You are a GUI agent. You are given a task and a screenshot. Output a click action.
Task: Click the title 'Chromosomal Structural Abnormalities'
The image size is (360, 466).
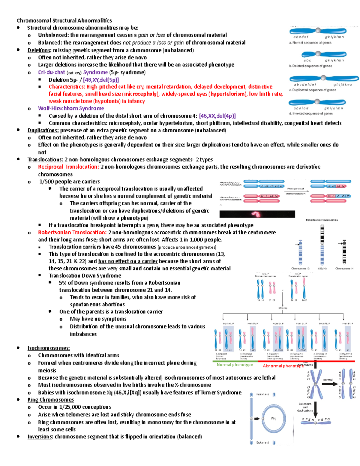tap(64, 21)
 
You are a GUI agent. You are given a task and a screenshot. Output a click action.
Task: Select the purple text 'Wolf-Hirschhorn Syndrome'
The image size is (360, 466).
tap(71, 108)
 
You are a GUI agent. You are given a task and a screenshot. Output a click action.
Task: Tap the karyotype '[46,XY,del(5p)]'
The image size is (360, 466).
tap(101, 80)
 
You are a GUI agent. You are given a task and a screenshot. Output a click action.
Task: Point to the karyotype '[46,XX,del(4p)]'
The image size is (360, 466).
tap(217, 116)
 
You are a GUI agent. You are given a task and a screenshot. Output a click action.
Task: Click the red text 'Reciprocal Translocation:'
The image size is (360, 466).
tap(68, 167)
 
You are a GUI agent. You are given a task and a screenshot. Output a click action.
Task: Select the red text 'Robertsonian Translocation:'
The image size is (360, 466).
tap(72, 232)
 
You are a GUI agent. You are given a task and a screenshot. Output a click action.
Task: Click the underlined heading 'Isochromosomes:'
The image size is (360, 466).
tap(48, 348)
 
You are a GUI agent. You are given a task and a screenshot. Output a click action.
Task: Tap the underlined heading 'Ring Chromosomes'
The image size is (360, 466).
tap(50, 400)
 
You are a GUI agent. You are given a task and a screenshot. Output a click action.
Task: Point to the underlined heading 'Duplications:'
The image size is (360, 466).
tap(43, 130)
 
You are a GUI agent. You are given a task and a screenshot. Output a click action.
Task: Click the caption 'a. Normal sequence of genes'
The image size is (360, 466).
tap(310, 43)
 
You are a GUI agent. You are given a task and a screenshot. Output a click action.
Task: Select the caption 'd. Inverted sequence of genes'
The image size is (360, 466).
tap(310, 114)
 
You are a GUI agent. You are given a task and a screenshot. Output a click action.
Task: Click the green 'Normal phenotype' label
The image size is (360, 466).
tap(235, 365)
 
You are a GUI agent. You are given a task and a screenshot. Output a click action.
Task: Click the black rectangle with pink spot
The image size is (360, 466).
tap(257, 214)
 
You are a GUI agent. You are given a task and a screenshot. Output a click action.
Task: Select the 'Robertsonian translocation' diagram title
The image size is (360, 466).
tap(322, 220)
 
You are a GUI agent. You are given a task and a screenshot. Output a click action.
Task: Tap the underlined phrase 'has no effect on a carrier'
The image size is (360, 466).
tap(128, 261)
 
